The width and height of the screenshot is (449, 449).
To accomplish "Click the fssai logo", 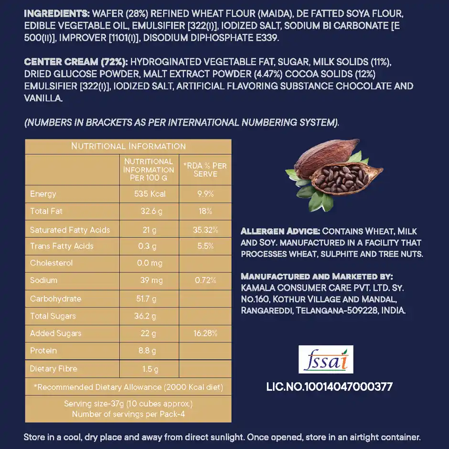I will pos(326,359).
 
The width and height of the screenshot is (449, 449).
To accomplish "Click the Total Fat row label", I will pos(46,211).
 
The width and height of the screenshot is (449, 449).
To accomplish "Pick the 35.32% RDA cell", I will pos(205,230).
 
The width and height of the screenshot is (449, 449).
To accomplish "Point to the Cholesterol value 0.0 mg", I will pos(150,263).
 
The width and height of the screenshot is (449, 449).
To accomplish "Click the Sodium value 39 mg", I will pos(152,280).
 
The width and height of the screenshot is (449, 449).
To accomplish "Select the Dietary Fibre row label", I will pos(53,369).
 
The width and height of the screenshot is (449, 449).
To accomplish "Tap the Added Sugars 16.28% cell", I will pos(205,333).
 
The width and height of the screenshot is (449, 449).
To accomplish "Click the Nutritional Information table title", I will pos(128,146).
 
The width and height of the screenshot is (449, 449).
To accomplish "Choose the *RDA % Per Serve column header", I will pos(205,170).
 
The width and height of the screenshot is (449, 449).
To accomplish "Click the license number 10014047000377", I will pos(329,387).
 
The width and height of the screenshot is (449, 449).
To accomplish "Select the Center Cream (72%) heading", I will pos(75,62).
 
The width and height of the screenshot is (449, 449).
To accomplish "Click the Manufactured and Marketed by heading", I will pos(317,277).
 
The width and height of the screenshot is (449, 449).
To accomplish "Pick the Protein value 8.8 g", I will pos(148,351).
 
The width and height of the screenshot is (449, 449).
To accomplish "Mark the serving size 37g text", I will pos(128,404).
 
